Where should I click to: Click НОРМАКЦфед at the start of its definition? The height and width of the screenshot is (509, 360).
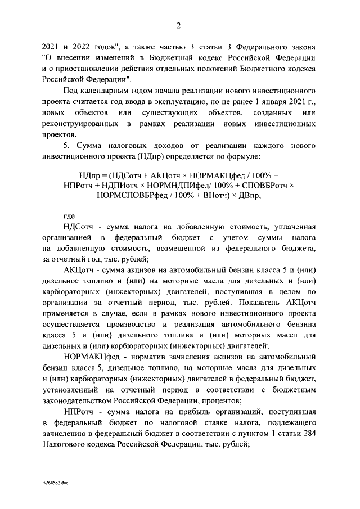[91, 357]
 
